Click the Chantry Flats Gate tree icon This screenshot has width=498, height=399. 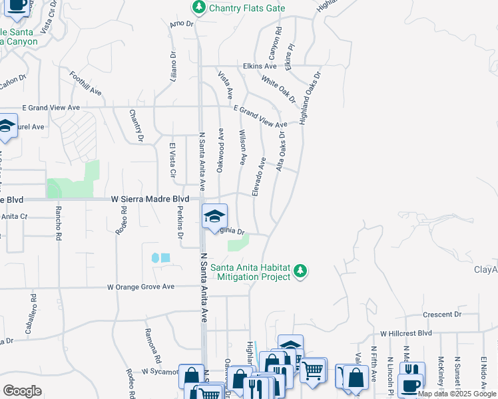198,8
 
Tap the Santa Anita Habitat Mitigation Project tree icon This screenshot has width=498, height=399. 301,271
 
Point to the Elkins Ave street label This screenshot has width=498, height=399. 260,66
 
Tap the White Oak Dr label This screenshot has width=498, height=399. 278,88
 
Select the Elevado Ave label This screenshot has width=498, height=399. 259,176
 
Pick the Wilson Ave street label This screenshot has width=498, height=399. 243,147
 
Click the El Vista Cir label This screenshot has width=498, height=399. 172,160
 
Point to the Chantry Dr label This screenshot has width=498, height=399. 136,126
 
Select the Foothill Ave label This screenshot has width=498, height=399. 85,82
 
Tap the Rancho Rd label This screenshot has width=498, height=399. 59,227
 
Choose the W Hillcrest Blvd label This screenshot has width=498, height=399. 406,333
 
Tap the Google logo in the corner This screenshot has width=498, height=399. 22,391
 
